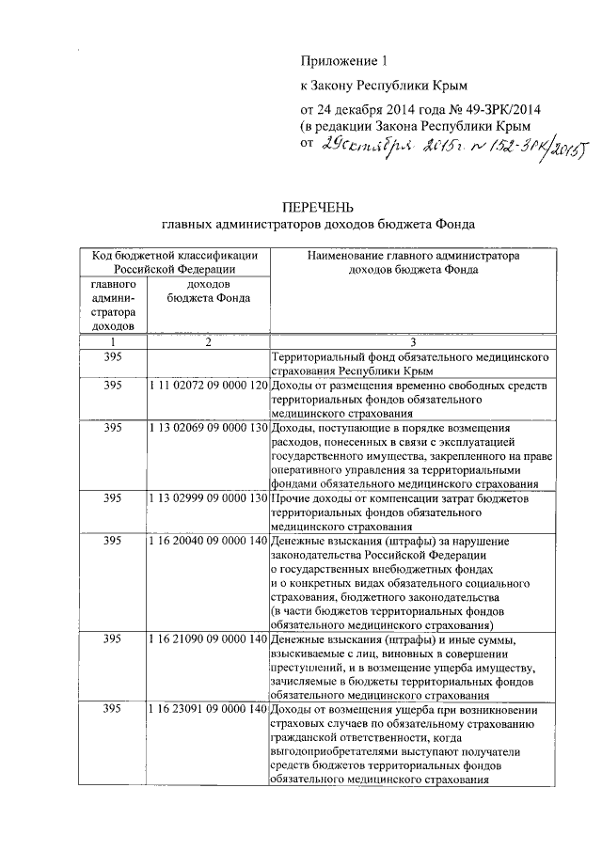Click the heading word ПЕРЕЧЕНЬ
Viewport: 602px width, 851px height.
[x=318, y=208]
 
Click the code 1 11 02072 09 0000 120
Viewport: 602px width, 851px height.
[x=207, y=386]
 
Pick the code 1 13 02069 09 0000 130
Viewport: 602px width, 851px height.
[x=207, y=427]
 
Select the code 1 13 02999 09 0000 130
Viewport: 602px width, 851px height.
[x=207, y=497]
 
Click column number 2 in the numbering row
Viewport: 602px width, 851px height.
[x=207, y=341]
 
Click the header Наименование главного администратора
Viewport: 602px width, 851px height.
[x=414, y=255]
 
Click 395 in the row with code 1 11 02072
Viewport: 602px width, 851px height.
[x=114, y=386]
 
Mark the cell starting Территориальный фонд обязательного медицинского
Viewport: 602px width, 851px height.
[x=402, y=365]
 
